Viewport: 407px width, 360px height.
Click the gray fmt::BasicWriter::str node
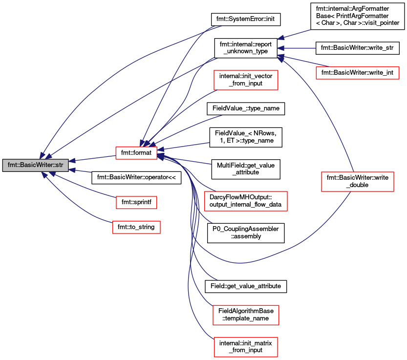click(35, 165)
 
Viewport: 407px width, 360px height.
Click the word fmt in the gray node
click(13, 165)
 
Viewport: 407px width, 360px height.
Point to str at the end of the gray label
click(59, 165)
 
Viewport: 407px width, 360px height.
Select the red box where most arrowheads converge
click(136, 153)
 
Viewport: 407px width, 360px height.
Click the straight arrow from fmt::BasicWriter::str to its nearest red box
click(93, 158)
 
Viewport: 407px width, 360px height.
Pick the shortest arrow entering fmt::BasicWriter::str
click(81, 170)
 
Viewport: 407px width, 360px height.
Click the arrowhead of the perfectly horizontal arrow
click(281, 48)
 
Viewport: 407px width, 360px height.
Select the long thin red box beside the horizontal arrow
click(357, 73)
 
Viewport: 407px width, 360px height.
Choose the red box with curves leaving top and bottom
click(357, 182)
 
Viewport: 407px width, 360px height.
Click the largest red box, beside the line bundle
click(245, 201)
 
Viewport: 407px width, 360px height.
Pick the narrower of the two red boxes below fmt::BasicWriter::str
click(136, 202)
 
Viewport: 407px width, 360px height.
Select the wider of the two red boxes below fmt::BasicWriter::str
click(136, 227)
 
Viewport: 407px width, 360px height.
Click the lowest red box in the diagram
click(246, 347)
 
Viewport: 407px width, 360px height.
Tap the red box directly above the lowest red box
click(246, 315)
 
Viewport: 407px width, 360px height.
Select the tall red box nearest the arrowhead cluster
click(246, 80)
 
